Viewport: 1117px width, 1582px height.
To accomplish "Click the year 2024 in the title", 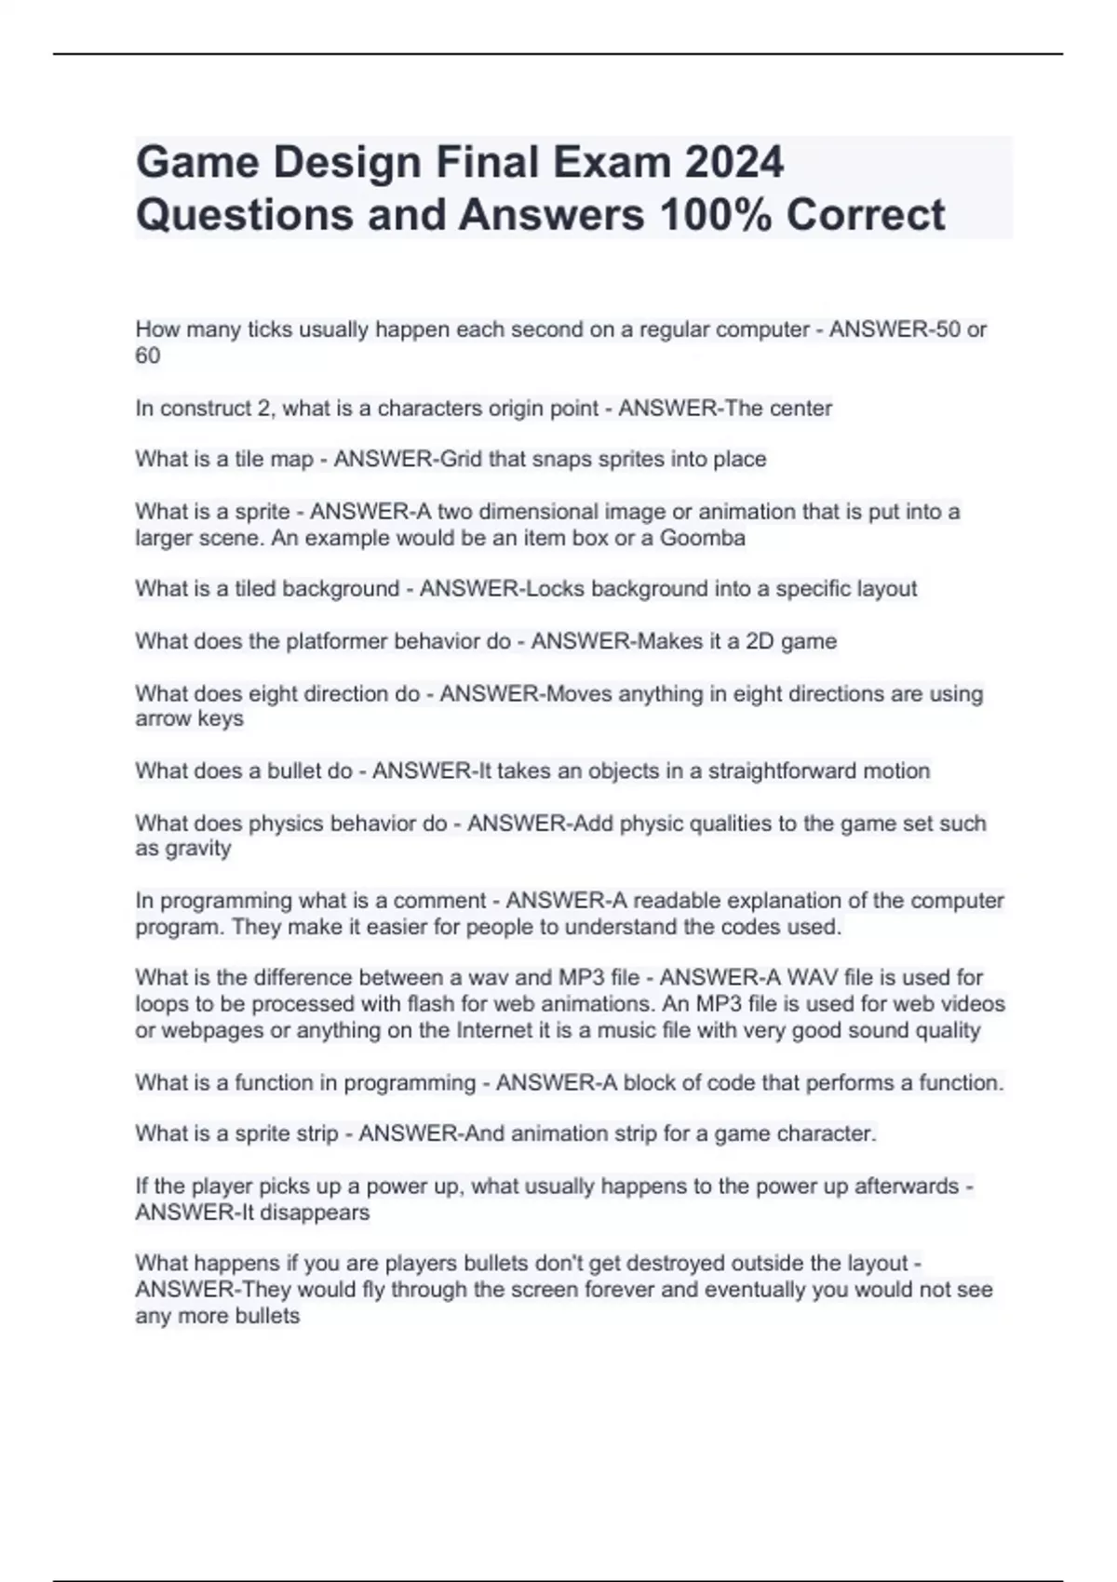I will click(734, 163).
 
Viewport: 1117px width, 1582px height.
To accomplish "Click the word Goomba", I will click(702, 538).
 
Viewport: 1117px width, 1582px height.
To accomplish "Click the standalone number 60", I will click(148, 355).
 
